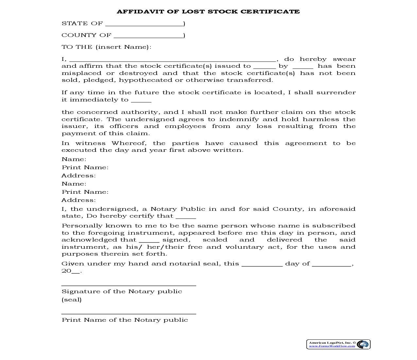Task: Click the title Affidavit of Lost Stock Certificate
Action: tap(208, 11)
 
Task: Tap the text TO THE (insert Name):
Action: tap(106, 47)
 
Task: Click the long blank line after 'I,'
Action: tap(173, 60)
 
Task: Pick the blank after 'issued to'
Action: tap(264, 67)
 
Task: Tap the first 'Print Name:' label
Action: tap(85, 167)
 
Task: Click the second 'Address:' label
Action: tap(78, 200)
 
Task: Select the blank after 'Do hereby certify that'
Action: tap(186, 217)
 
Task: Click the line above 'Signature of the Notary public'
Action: tap(129, 285)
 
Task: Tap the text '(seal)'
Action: tap(72, 299)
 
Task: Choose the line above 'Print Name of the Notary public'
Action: tap(129, 314)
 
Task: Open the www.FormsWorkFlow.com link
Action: tap(332, 346)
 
